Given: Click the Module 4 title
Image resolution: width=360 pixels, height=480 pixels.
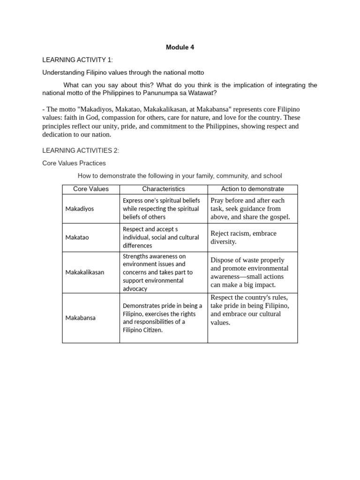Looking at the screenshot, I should tap(180, 47).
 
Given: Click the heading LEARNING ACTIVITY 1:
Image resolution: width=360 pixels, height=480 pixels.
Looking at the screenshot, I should tap(77, 60).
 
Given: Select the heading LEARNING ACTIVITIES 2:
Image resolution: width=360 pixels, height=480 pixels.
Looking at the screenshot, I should tap(81, 150).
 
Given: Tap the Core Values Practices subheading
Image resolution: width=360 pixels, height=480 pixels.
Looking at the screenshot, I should tap(74, 163).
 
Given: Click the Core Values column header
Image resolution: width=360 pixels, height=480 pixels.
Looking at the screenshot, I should tap(91, 189).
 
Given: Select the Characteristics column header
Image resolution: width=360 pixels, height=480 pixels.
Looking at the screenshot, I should tap(164, 189).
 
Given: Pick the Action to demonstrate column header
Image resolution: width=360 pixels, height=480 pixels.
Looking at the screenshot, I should tap(252, 189).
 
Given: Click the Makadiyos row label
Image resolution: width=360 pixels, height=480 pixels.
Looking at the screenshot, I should tap(80, 209).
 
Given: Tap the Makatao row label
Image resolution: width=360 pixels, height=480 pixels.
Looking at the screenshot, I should tap(77, 237).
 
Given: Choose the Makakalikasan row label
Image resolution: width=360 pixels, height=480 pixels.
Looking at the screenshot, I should tap(85, 272).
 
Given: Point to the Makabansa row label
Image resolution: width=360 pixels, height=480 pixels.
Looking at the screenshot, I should tap(81, 318).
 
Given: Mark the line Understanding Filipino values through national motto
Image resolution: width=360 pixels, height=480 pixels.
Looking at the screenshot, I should tap(123, 73).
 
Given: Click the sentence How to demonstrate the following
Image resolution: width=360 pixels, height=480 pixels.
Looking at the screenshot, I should tap(180, 176).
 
